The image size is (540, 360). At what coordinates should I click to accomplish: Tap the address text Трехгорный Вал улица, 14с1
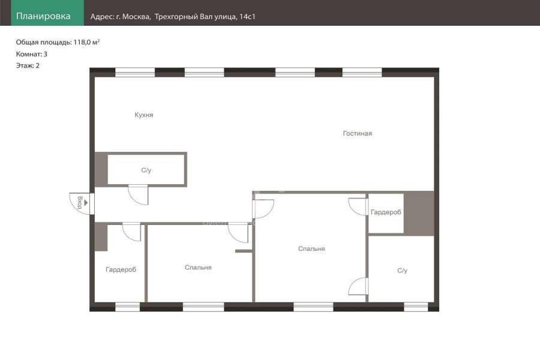(205, 17)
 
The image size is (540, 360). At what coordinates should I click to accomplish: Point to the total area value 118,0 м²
(86, 42)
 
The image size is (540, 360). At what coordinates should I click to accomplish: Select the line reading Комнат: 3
(32, 54)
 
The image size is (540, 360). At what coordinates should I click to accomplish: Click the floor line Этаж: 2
(28, 65)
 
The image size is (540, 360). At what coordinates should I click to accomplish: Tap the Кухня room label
(144, 115)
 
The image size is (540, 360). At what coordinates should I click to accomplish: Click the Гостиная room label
(358, 133)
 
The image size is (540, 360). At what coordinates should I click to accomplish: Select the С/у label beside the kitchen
(146, 170)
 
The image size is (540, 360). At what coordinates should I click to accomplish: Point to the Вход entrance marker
(80, 203)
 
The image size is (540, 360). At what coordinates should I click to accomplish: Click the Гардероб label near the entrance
(121, 270)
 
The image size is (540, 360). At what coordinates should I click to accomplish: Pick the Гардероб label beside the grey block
(386, 212)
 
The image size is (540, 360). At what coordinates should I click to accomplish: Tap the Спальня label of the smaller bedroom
(198, 268)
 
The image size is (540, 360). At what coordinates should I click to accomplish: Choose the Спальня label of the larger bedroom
(311, 249)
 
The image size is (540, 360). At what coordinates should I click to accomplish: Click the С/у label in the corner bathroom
(402, 271)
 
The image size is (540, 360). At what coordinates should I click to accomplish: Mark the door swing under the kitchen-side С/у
(139, 195)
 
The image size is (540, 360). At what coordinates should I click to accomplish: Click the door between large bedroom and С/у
(359, 287)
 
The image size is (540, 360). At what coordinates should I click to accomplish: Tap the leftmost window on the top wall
(135, 73)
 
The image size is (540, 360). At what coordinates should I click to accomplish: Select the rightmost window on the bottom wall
(416, 307)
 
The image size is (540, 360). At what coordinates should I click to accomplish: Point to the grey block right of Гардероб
(419, 214)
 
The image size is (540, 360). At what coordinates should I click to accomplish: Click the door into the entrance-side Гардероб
(132, 232)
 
